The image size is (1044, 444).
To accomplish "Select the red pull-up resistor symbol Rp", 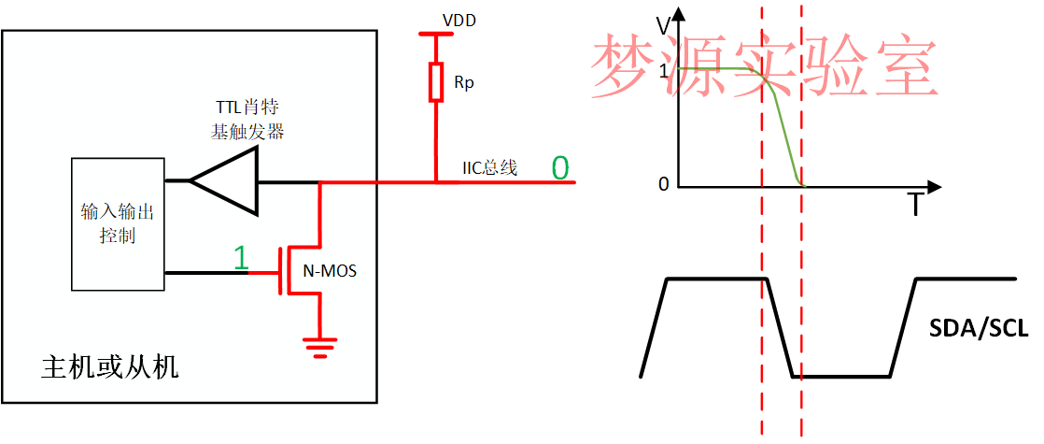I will point(436,81).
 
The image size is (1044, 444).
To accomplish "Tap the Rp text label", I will point(464,83).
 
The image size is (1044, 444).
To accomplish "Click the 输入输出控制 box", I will point(118,223).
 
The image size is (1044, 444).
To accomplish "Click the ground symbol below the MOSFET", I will point(321,347).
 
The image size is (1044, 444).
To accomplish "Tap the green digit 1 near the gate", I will point(241,259).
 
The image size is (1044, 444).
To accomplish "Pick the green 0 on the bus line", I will point(559,168).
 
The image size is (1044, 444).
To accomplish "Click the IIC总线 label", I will point(490,169).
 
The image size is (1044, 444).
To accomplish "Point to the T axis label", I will point(915,205).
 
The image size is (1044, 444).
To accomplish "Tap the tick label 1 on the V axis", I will point(664,70).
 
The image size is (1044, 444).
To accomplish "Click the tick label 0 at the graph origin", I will point(664,184).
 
